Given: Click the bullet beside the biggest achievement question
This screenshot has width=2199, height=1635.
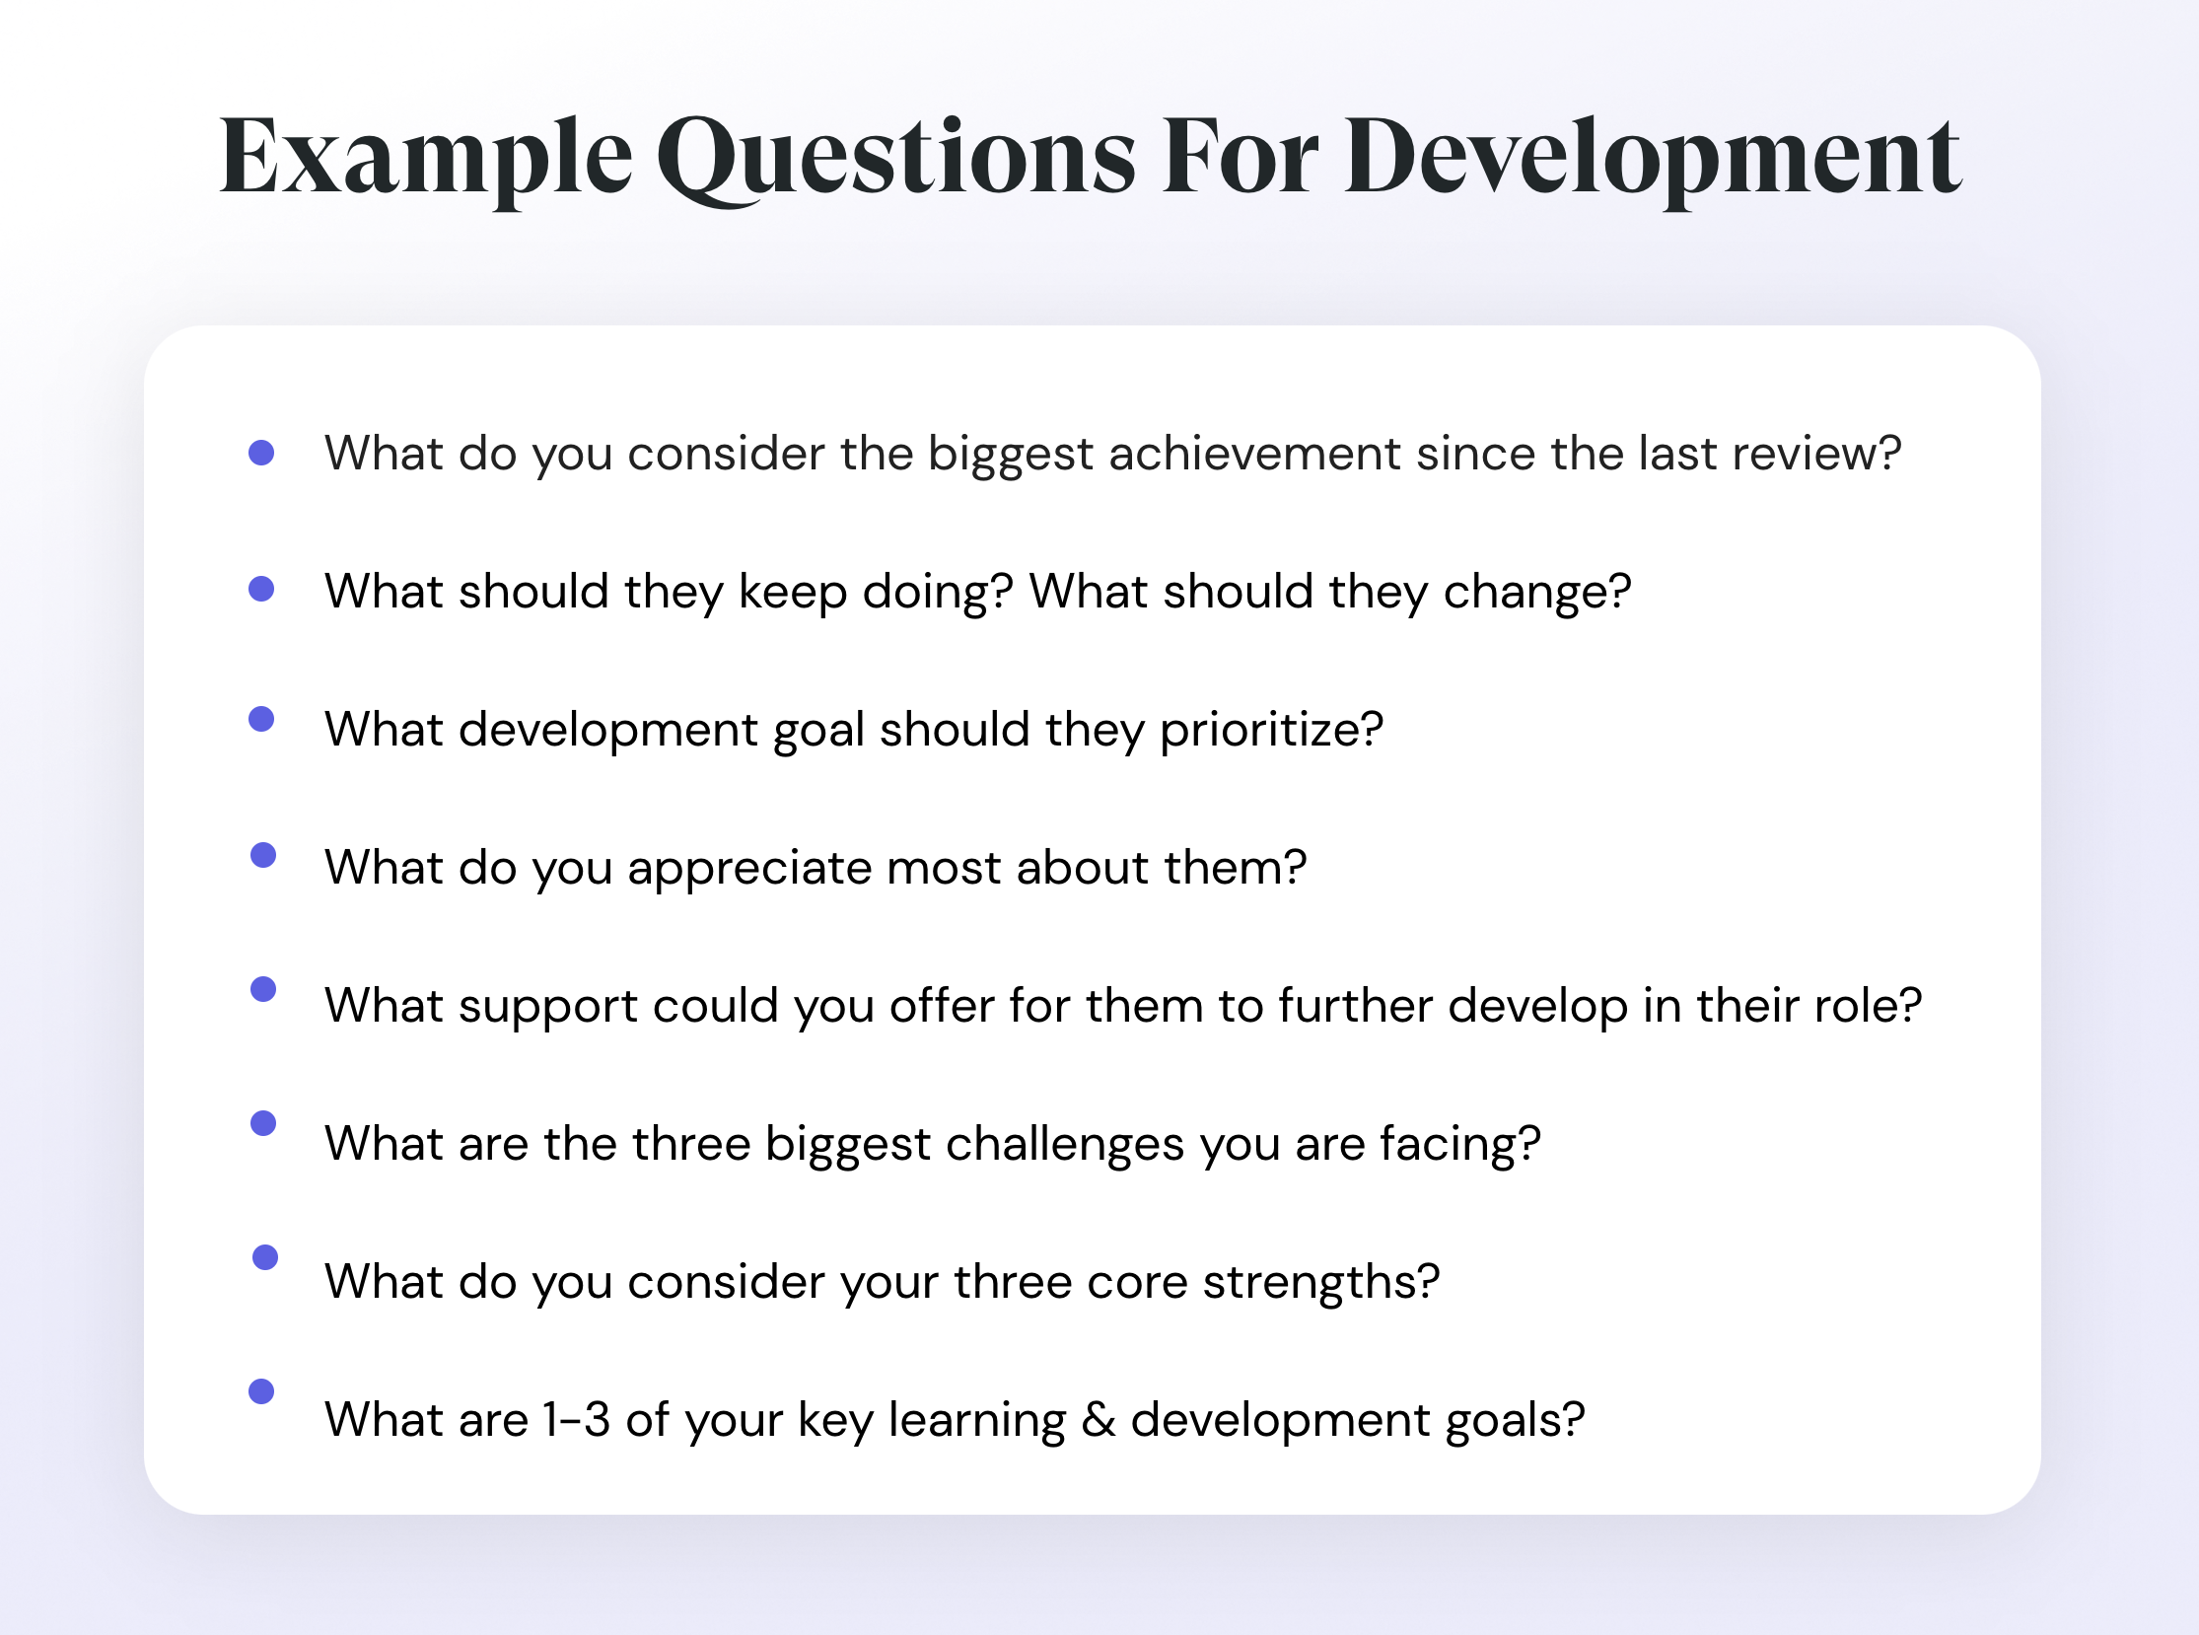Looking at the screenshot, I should (261, 453).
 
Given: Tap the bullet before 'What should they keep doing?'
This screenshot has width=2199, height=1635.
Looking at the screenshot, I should (261, 589).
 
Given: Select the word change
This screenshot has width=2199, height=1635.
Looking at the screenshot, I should (1536, 592).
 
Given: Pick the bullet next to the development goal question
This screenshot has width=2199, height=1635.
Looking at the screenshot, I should (261, 719).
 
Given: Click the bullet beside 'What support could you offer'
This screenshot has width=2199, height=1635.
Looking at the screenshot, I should (263, 989).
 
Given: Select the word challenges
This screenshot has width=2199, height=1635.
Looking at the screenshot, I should (1064, 1145).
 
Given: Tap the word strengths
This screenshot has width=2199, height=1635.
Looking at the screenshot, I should (1320, 1283).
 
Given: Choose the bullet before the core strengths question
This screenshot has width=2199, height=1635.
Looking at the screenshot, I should (265, 1257).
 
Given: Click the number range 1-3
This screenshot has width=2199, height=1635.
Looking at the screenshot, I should (576, 1419).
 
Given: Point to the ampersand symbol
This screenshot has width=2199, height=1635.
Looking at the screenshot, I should (1098, 1419).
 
